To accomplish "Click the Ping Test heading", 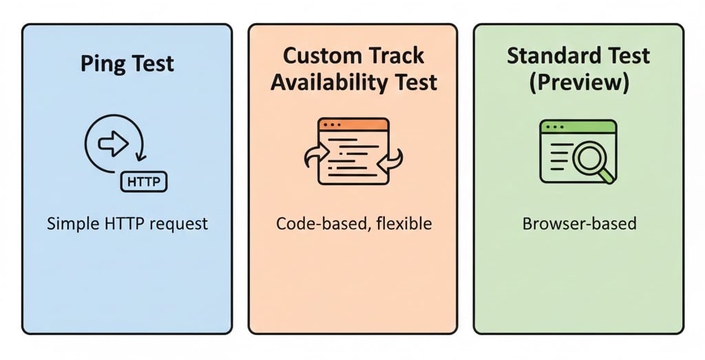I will [x=127, y=64].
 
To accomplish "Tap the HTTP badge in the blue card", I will [x=145, y=182].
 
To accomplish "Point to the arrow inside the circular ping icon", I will [x=112, y=143].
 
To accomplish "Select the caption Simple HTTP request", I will [x=127, y=224].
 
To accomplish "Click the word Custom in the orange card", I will [x=322, y=56].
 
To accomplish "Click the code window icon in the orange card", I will [x=353, y=151].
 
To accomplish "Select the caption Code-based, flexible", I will [x=352, y=224].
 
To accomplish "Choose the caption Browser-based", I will [x=579, y=224].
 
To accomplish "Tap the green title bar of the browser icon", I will [x=577, y=126].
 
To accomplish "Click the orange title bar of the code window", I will [x=353, y=125].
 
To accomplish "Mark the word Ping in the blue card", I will [x=103, y=64].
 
